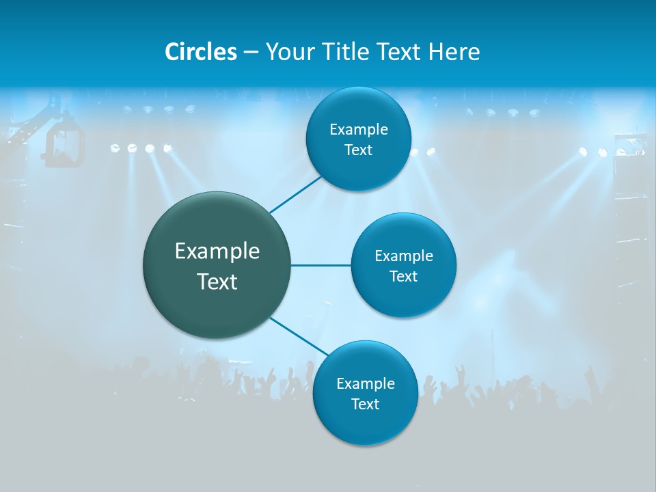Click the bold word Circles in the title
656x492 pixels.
[201, 52]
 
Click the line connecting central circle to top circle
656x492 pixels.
[296, 194]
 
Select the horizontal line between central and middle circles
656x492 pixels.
[321, 265]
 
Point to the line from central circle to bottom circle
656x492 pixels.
[299, 336]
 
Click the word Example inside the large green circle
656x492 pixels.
[217, 251]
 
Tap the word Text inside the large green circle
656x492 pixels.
[217, 282]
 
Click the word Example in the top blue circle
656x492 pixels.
[359, 130]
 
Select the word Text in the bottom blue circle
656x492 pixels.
[365, 405]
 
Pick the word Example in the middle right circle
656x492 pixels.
[404, 256]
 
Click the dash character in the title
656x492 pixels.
[251, 52]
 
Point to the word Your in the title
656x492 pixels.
[288, 52]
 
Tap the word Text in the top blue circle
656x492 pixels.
[358, 150]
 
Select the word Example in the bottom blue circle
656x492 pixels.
[366, 384]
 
